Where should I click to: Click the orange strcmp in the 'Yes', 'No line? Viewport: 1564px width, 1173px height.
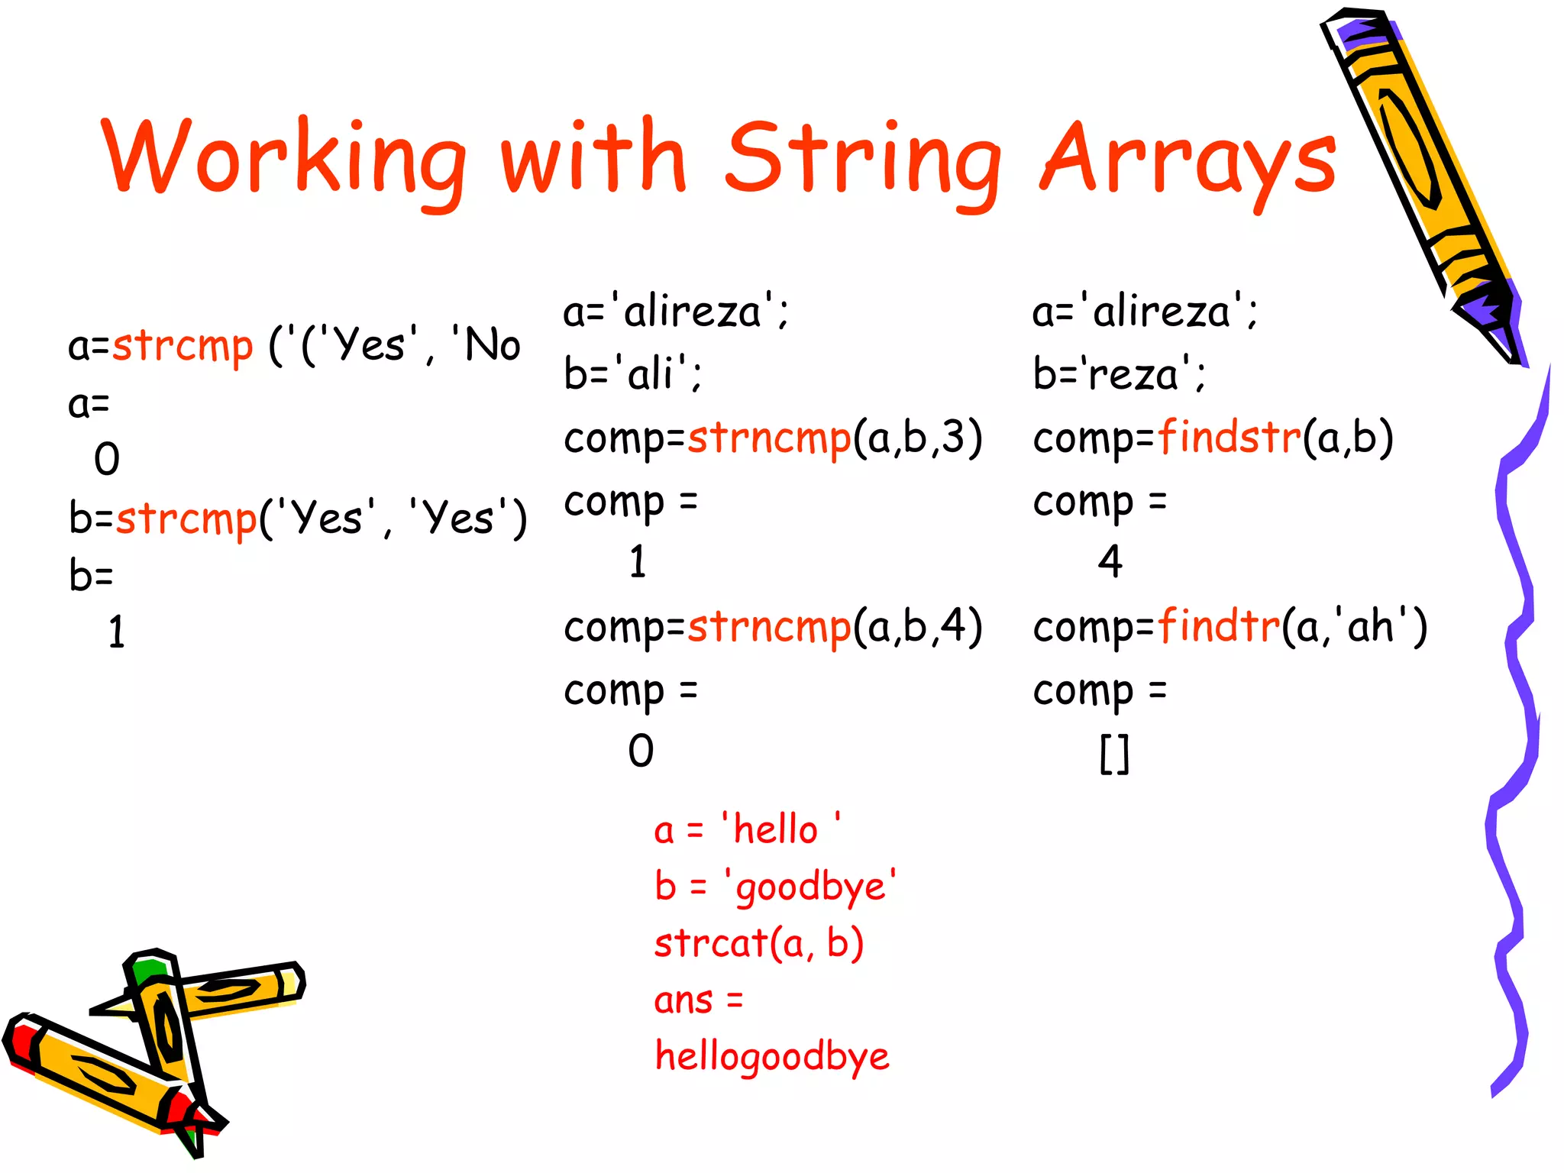pyautogui.click(x=182, y=346)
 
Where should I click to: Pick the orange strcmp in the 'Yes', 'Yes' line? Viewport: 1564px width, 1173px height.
pyautogui.click(x=186, y=519)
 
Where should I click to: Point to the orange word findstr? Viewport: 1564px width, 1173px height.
pyautogui.click(x=1229, y=438)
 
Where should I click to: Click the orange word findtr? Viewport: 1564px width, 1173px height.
pyautogui.click(x=1218, y=626)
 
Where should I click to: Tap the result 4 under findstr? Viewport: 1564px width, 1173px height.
pyautogui.click(x=1110, y=562)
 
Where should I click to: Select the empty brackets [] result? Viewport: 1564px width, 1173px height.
pyautogui.click(x=1113, y=754)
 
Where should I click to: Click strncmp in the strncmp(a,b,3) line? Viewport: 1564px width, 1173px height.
pyautogui.click(x=769, y=438)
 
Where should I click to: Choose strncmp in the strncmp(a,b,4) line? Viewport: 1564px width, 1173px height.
pyautogui.click(x=769, y=627)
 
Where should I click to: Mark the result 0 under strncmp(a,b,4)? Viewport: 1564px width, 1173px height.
pyautogui.click(x=641, y=751)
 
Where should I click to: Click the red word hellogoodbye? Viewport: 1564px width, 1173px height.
pyautogui.click(x=771, y=1057)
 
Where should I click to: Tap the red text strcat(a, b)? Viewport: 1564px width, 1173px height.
pyautogui.click(x=758, y=943)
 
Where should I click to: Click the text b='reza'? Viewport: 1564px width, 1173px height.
pyautogui.click(x=1119, y=374)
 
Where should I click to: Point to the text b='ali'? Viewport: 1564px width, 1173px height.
pyautogui.click(x=632, y=374)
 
